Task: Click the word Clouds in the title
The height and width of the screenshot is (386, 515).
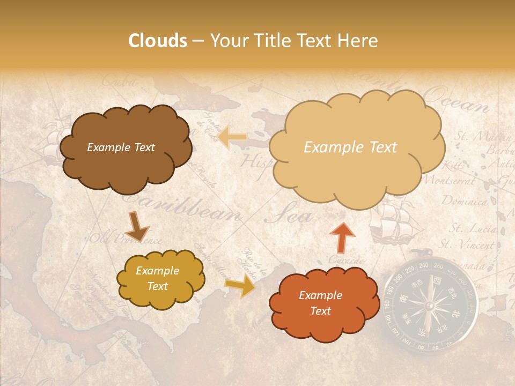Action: point(157,41)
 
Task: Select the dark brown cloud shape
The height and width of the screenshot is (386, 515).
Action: point(124,147)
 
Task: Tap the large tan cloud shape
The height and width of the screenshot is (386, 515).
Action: point(354,147)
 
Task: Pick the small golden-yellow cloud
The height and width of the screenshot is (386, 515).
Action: point(159,279)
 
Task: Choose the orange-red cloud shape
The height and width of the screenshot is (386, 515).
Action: point(320,303)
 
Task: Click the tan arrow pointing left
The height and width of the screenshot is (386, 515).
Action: point(232,137)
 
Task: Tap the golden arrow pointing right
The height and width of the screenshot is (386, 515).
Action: point(241,285)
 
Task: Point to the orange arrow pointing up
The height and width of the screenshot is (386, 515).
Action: point(342,236)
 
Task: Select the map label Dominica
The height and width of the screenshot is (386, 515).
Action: point(465,202)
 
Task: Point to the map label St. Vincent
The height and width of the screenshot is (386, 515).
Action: point(467,245)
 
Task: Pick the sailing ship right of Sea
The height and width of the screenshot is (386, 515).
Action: point(394,222)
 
